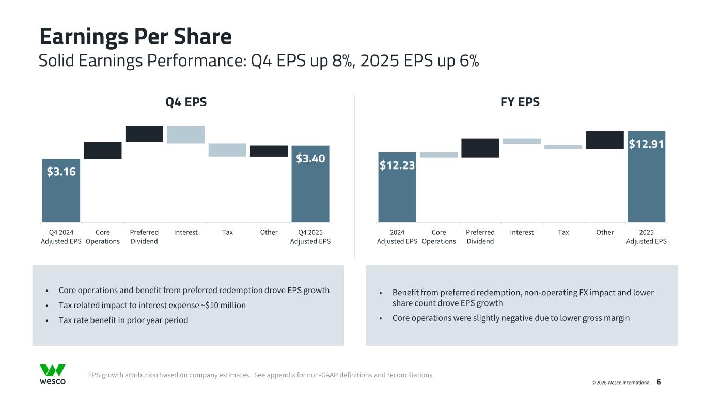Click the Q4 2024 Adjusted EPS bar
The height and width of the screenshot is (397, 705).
point(61,196)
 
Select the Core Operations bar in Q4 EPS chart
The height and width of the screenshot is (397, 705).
point(103,150)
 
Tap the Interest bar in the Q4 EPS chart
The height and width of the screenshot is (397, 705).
point(186,134)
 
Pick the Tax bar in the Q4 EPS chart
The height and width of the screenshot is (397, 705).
point(227,150)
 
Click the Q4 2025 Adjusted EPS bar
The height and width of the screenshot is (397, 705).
point(310,191)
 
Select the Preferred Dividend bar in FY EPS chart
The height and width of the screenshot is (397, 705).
point(480,148)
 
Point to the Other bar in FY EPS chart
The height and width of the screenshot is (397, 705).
point(605,140)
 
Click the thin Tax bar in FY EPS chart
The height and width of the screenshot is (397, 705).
point(563,147)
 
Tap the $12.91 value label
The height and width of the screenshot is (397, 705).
point(646,144)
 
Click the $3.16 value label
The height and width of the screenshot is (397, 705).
point(61,171)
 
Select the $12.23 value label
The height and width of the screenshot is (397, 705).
point(397,165)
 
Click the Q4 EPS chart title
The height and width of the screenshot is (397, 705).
point(186,102)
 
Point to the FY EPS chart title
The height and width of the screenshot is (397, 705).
point(520,102)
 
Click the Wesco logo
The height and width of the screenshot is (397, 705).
point(53,374)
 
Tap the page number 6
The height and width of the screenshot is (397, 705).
point(659,382)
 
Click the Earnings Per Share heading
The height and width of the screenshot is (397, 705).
point(136,37)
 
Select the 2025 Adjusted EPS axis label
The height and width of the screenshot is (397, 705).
point(646,237)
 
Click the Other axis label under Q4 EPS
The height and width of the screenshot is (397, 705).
point(269,232)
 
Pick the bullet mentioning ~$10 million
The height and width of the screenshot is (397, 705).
point(152,306)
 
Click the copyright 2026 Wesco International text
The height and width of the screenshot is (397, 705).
point(621,383)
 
